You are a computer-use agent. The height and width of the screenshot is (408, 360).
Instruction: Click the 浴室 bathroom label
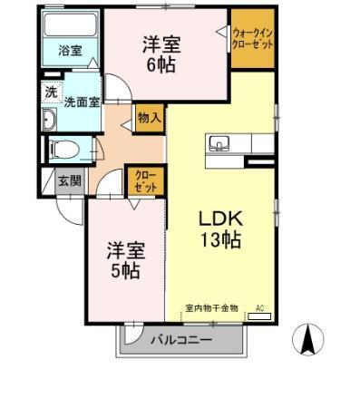pos(70,51)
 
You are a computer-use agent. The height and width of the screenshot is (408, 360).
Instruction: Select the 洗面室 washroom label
pos(81,102)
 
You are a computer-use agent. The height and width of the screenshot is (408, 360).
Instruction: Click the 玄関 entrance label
pos(70,180)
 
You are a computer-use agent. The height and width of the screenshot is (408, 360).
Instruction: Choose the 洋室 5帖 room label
pos(125,258)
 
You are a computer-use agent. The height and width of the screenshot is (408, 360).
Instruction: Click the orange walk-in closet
pos(251,40)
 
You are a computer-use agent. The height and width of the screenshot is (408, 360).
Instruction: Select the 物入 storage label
pos(149,117)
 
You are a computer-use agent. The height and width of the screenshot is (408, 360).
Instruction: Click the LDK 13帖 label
pos(219,230)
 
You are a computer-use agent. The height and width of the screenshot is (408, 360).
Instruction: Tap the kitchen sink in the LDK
pos(219,142)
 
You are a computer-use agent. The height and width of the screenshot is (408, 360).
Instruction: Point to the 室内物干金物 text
pos(210,308)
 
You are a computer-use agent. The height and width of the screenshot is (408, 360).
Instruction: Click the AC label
pos(259,308)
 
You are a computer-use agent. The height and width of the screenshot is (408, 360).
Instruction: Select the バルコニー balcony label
pos(180,340)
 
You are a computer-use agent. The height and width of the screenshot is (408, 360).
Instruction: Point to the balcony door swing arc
pos(133,335)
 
